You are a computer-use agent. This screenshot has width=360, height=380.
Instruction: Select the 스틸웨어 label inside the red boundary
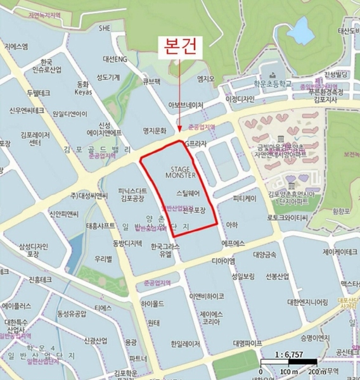coord(188,191)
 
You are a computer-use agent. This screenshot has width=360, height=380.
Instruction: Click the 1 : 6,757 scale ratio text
coord(289,356)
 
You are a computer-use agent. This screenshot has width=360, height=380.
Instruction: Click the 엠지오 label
coord(206,80)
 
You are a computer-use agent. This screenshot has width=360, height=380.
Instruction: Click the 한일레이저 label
coord(184,344)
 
